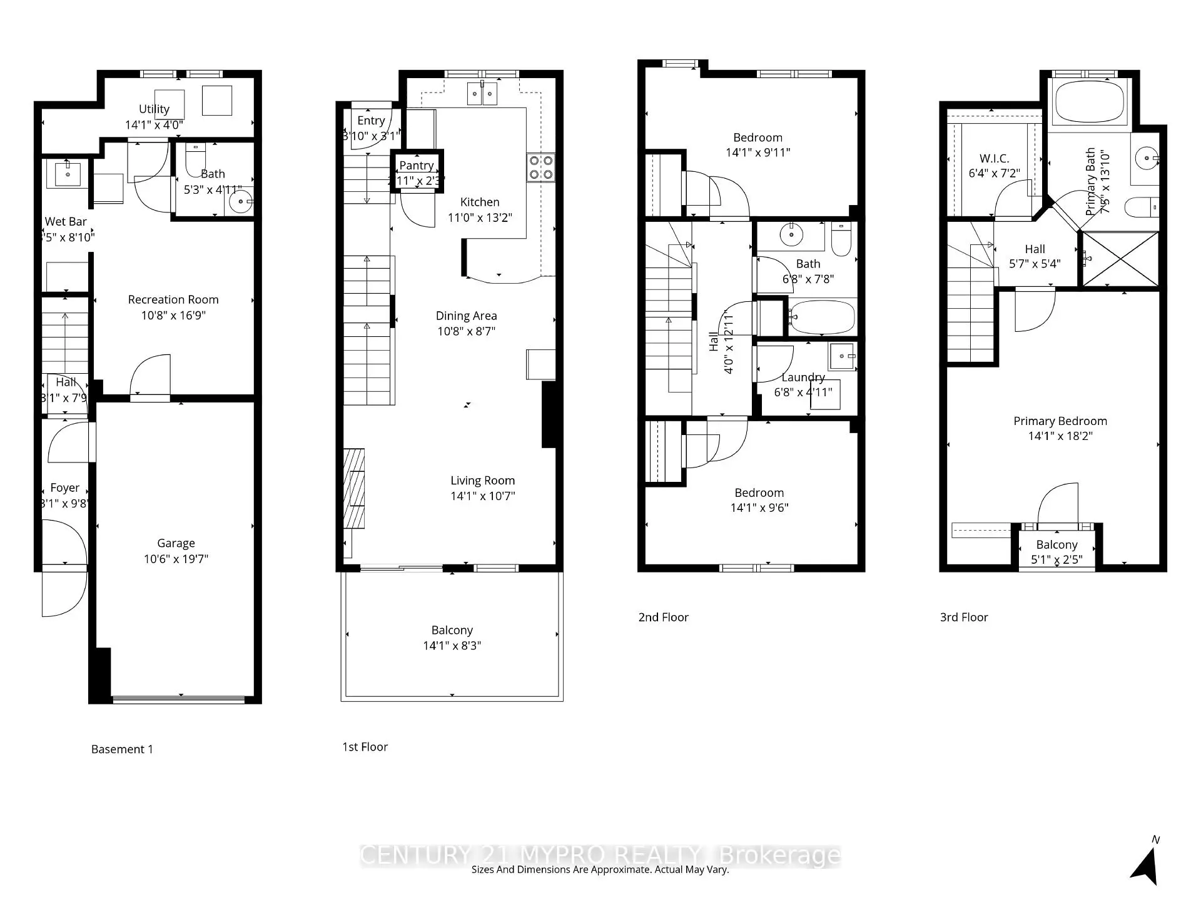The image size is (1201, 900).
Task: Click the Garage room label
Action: [176, 543]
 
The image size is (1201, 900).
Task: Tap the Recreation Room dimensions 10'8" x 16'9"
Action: [173, 315]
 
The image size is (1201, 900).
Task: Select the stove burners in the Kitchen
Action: [540, 167]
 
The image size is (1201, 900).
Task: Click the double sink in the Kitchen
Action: [482, 94]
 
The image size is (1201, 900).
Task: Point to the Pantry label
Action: [417, 165]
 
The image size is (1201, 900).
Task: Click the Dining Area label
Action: [466, 316]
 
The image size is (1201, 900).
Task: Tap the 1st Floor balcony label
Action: [452, 630]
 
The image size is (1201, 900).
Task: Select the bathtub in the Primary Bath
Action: [1089, 101]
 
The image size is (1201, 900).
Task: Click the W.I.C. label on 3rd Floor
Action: [994, 158]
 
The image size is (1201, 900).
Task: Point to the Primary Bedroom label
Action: [1060, 421]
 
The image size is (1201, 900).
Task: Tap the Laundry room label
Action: [803, 377]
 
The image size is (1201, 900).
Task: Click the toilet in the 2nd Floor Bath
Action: [841, 240]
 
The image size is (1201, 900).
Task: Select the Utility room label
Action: [154, 109]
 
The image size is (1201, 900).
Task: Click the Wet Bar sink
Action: [68, 173]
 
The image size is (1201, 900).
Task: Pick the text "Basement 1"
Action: [122, 749]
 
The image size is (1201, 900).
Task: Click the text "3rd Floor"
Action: [964, 617]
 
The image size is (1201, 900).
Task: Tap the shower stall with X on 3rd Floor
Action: [1120, 259]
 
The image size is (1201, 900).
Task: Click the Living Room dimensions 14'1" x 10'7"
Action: [482, 496]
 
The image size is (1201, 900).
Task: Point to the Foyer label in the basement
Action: [64, 487]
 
